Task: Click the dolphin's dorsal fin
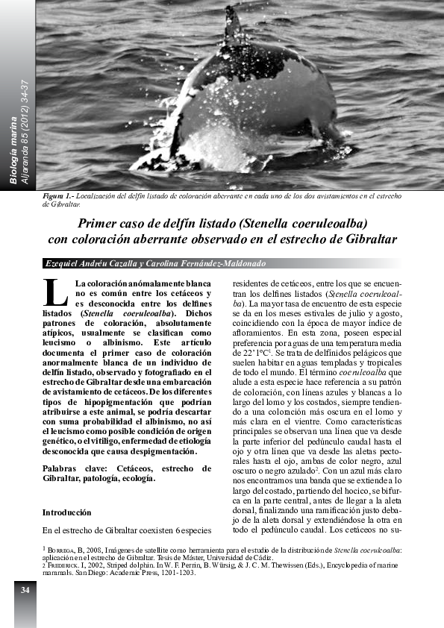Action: (x=234, y=26)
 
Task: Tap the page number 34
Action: (x=25, y=590)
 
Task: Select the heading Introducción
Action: (x=66, y=512)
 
